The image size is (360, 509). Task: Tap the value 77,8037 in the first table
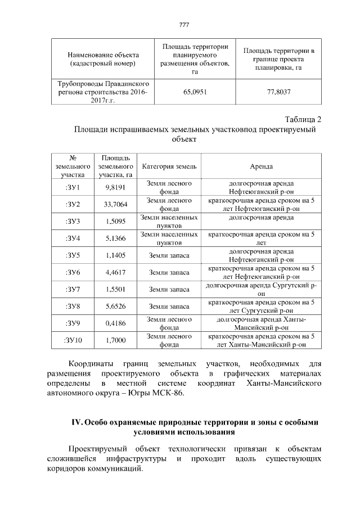coord(278,93)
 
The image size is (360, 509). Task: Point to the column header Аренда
coord(262,167)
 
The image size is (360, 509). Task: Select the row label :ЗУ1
coord(73,188)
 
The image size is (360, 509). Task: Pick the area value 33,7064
coord(116,204)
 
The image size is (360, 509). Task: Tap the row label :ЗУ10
coord(73,340)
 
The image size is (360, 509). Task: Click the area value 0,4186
coord(115,323)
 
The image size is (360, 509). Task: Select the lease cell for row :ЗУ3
coord(262,217)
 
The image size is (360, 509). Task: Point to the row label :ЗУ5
coord(73,255)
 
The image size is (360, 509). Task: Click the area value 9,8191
coord(115,188)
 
